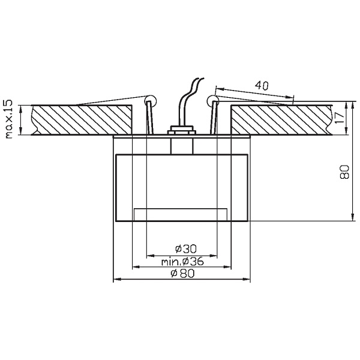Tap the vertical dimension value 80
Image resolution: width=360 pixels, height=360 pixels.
coord(344,173)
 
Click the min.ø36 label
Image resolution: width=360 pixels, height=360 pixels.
coord(182,261)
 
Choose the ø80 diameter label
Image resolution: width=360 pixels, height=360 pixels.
coord(181,274)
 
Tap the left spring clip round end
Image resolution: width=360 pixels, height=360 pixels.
coord(150,100)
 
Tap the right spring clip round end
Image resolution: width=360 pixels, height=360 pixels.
coord(212,100)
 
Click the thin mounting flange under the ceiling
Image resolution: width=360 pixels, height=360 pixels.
coord(181,137)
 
